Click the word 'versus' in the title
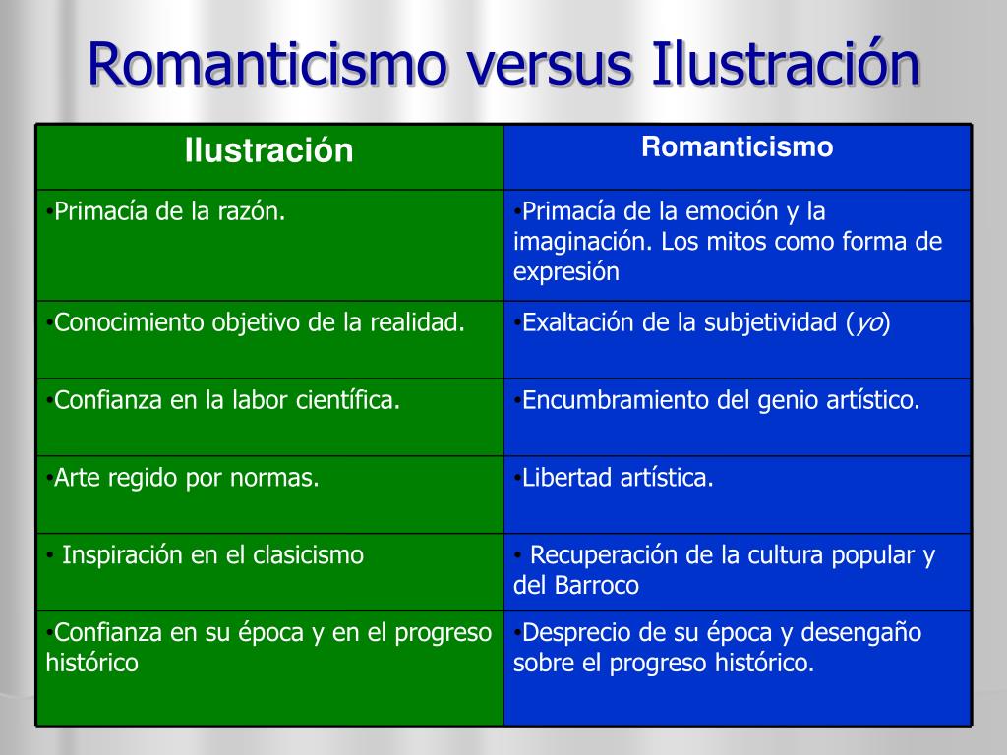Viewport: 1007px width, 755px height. click(550, 65)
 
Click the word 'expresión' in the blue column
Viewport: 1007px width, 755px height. click(565, 272)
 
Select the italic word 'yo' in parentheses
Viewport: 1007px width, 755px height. click(868, 322)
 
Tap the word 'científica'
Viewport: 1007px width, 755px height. click(347, 400)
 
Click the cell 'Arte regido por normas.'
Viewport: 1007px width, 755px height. click(269, 494)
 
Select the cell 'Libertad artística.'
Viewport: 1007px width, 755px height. click(738, 494)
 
